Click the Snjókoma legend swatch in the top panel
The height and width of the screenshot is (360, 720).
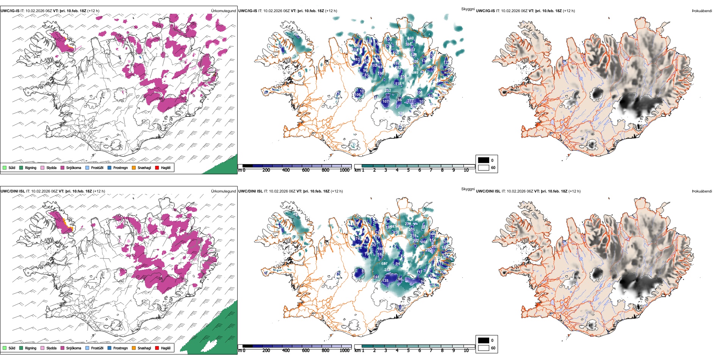click(x=63, y=167)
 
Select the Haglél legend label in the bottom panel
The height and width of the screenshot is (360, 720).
click(x=166, y=348)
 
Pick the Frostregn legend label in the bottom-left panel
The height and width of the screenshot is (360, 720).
click(x=121, y=348)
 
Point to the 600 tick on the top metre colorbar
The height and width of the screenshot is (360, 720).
click(x=306, y=170)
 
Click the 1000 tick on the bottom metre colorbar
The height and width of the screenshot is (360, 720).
click(x=344, y=351)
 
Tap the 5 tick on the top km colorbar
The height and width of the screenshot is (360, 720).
click(x=409, y=170)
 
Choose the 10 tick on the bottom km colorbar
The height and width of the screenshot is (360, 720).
click(x=466, y=351)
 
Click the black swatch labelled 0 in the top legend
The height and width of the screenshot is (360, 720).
click(x=484, y=160)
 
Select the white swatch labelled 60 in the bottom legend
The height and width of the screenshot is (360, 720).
click(x=484, y=347)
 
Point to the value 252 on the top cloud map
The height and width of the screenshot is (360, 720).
click(x=388, y=91)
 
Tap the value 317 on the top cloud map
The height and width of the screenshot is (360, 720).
click(x=410, y=101)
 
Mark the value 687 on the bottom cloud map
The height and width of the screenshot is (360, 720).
click(x=384, y=263)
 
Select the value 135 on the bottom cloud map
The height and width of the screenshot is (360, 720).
click(x=385, y=281)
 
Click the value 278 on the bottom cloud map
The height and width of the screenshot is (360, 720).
click(x=408, y=224)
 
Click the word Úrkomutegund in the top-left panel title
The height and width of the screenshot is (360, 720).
click(x=223, y=11)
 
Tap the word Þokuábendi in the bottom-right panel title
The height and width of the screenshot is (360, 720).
click(x=702, y=191)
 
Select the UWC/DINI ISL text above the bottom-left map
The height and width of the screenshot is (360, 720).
click(x=13, y=191)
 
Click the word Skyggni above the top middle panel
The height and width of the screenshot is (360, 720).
click(x=468, y=9)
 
